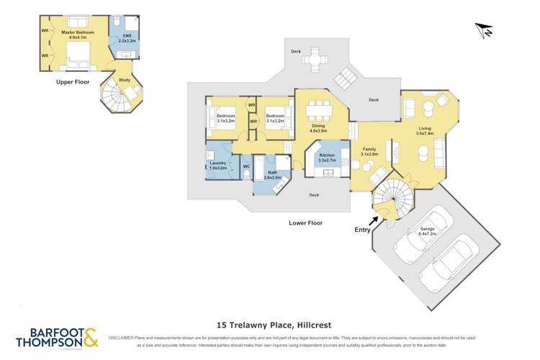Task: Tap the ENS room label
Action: click(x=127, y=38)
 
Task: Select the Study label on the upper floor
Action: click(x=124, y=80)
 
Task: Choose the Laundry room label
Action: click(x=217, y=165)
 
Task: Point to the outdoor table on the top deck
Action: click(x=315, y=60)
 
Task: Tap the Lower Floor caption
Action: click(x=305, y=223)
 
